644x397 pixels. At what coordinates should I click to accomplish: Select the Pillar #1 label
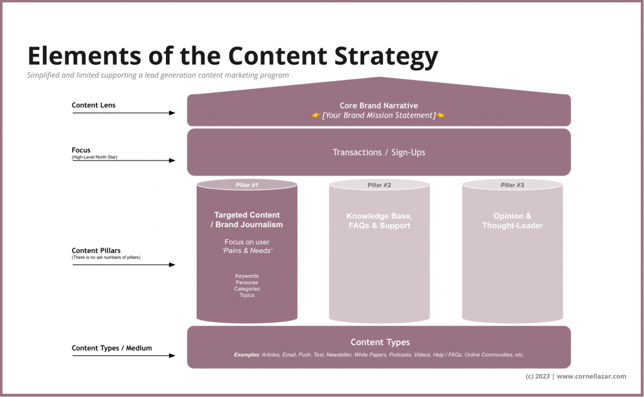(247, 185)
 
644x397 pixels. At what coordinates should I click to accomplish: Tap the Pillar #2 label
(379, 185)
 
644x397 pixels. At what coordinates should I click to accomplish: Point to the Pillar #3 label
(513, 185)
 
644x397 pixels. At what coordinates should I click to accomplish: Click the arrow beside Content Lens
(124, 113)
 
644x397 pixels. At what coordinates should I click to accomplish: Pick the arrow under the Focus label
(124, 161)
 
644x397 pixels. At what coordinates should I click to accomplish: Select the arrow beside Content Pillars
(124, 265)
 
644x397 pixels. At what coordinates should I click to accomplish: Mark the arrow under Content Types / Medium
(124, 356)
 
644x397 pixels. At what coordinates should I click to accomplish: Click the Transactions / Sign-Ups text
(379, 152)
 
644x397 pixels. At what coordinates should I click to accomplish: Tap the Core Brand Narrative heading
(379, 106)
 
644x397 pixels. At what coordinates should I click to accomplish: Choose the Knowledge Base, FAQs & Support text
(379, 221)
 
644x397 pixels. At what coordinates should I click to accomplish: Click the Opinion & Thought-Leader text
(513, 221)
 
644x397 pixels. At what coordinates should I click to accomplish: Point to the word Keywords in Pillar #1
(247, 276)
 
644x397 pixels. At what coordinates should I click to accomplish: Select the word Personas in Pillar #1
(247, 282)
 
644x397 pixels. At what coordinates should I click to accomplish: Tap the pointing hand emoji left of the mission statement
(316, 116)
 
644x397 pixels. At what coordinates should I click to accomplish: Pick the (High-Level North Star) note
(94, 157)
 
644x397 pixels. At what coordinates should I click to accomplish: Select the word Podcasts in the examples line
(400, 355)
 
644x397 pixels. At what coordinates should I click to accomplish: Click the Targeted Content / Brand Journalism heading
(247, 220)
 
